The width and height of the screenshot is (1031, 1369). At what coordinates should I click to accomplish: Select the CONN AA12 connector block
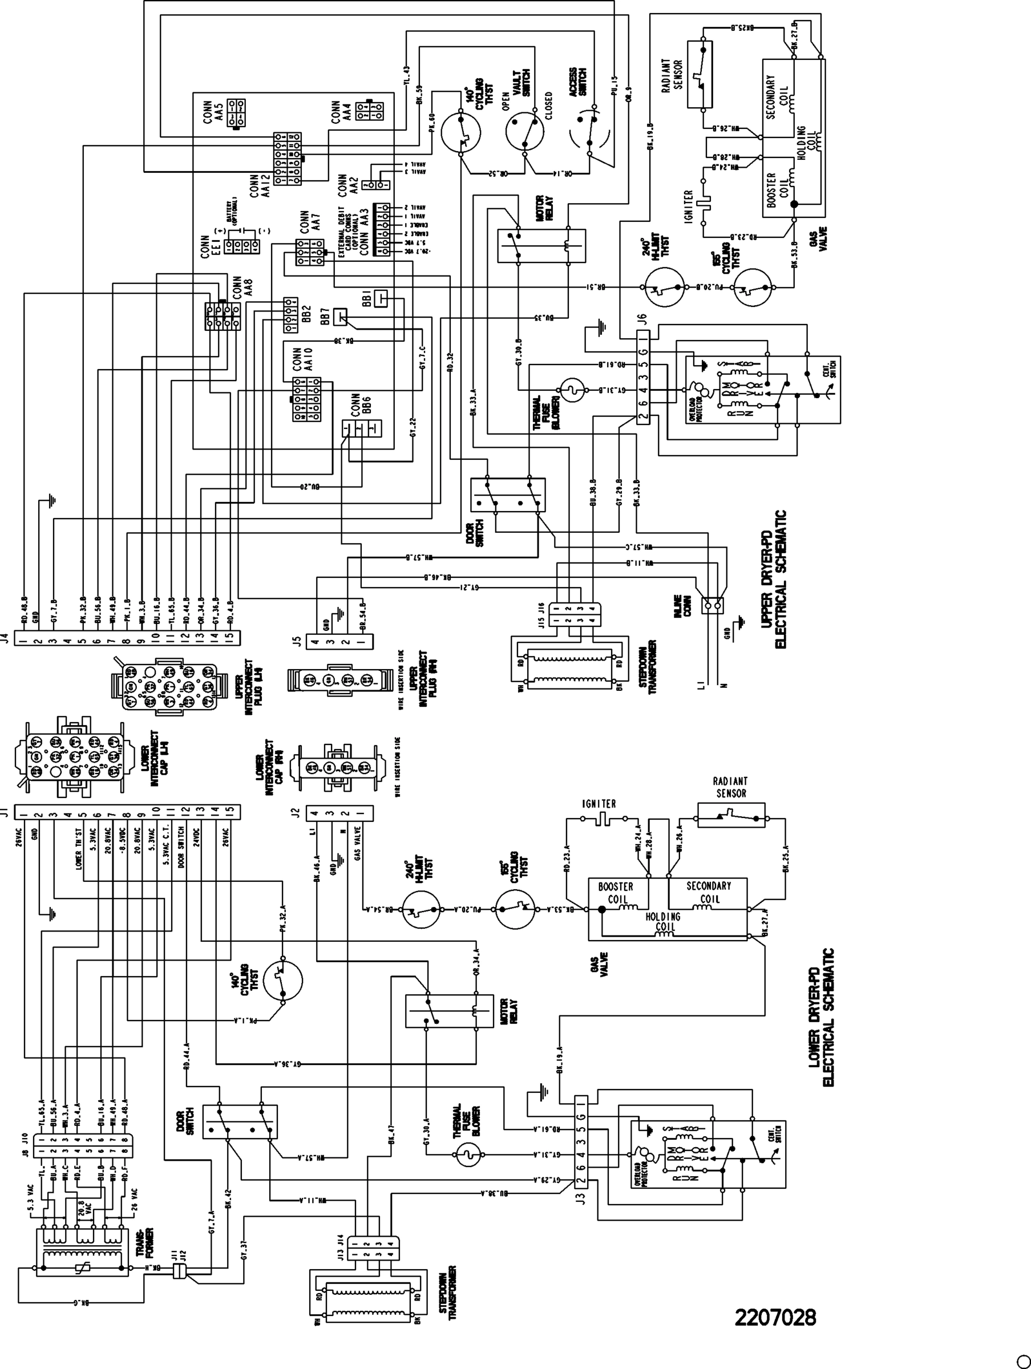pos(288,158)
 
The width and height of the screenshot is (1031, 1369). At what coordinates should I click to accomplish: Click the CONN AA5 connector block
pos(235,112)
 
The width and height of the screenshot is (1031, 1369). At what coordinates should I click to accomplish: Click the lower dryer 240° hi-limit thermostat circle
pos(421,909)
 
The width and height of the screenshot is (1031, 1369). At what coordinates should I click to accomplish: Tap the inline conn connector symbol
pos(713,604)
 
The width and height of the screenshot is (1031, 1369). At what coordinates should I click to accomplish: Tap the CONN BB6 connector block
pos(362,428)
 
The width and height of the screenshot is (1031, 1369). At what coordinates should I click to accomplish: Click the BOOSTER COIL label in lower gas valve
pos(615,892)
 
